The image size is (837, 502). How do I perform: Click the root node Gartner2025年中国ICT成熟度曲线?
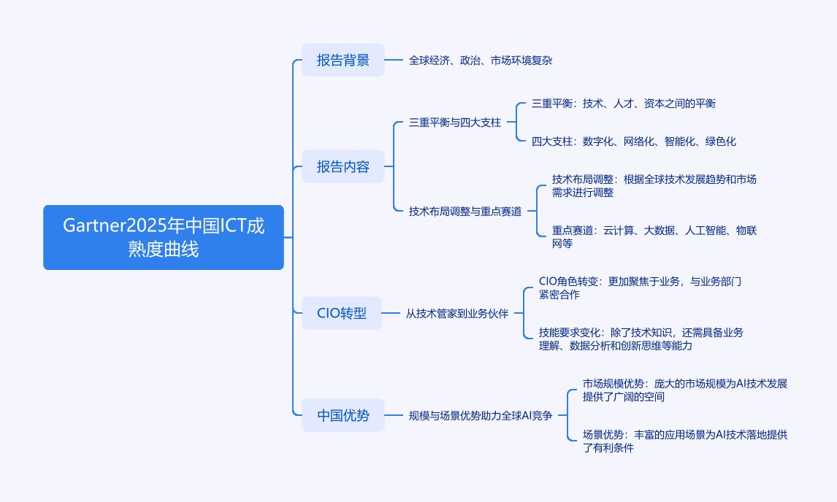click(x=164, y=237)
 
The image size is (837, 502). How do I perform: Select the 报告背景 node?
click(x=343, y=60)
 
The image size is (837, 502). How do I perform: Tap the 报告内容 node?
click(x=343, y=166)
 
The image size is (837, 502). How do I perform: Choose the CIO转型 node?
click(x=341, y=314)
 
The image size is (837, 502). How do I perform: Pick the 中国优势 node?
click(x=343, y=416)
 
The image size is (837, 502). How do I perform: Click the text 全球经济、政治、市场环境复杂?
click(x=480, y=61)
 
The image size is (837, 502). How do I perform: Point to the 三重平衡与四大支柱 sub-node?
click(x=454, y=123)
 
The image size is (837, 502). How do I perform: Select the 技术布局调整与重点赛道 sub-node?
click(x=465, y=212)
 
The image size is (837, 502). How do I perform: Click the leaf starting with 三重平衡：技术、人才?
click(x=623, y=104)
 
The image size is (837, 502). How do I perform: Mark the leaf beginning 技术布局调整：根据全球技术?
click(x=654, y=186)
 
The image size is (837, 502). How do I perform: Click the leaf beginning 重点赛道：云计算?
click(x=654, y=237)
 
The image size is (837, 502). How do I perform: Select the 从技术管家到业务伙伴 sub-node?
click(x=456, y=314)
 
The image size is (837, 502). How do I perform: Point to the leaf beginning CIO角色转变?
click(x=640, y=287)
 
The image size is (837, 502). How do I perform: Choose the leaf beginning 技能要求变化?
click(x=641, y=339)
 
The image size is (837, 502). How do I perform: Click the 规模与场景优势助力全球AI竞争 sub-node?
click(x=480, y=416)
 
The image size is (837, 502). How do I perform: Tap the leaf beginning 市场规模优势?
click(x=684, y=390)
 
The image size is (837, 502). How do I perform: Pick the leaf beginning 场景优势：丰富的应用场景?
click(x=684, y=441)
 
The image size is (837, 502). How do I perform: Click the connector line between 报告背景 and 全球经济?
click(x=393, y=60)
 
